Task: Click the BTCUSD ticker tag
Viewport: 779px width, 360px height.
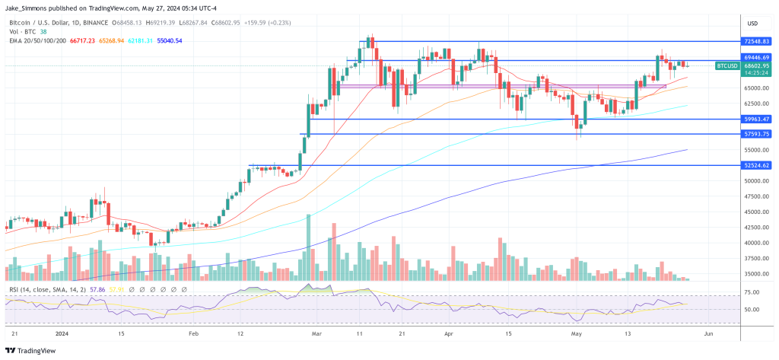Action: click(727, 66)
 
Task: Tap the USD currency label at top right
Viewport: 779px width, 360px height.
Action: click(753, 22)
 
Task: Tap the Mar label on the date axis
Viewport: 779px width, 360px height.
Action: click(317, 333)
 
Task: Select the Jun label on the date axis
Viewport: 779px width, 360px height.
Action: click(708, 333)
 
